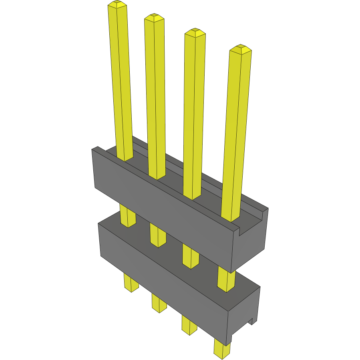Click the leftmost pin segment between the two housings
128,216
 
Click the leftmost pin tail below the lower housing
131,283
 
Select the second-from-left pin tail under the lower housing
159,303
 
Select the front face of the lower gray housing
160,276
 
